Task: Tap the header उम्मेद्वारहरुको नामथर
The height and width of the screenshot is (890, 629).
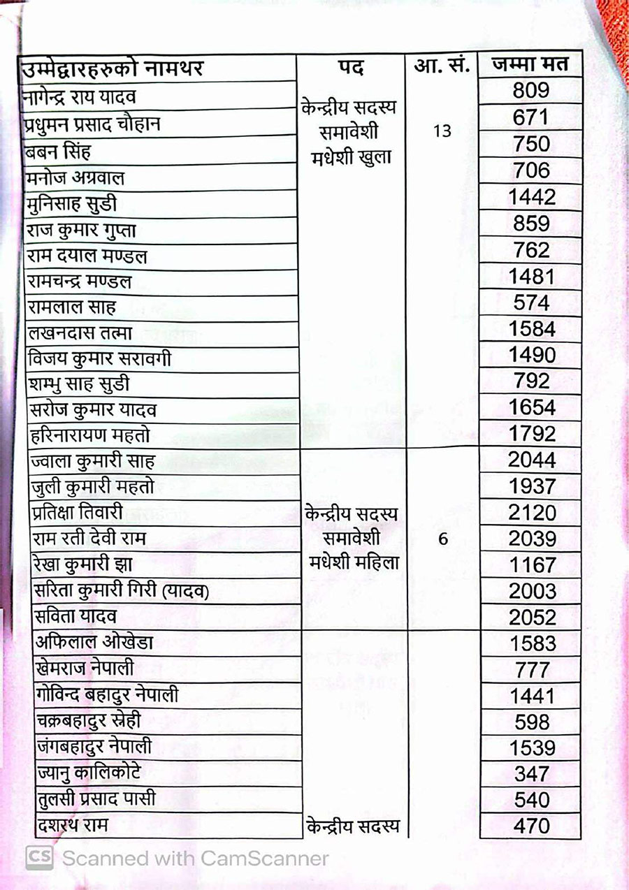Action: (x=112, y=70)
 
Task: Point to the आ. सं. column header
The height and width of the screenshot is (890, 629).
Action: (x=441, y=67)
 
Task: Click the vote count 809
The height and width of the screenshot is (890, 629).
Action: (x=530, y=91)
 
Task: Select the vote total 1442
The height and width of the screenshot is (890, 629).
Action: (x=532, y=198)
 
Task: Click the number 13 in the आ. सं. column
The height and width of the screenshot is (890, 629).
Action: (x=442, y=131)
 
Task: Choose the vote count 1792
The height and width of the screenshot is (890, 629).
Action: (x=532, y=434)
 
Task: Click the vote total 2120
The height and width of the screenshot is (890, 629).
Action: (x=532, y=513)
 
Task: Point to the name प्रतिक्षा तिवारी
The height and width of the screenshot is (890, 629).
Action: (x=78, y=512)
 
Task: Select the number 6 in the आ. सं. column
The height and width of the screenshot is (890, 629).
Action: (x=442, y=540)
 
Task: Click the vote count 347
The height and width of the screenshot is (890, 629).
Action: (x=532, y=774)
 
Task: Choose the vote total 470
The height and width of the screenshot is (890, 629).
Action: (x=532, y=826)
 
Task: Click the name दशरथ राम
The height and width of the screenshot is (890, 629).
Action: (x=71, y=826)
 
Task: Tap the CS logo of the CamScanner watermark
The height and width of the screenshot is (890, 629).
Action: (x=39, y=858)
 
